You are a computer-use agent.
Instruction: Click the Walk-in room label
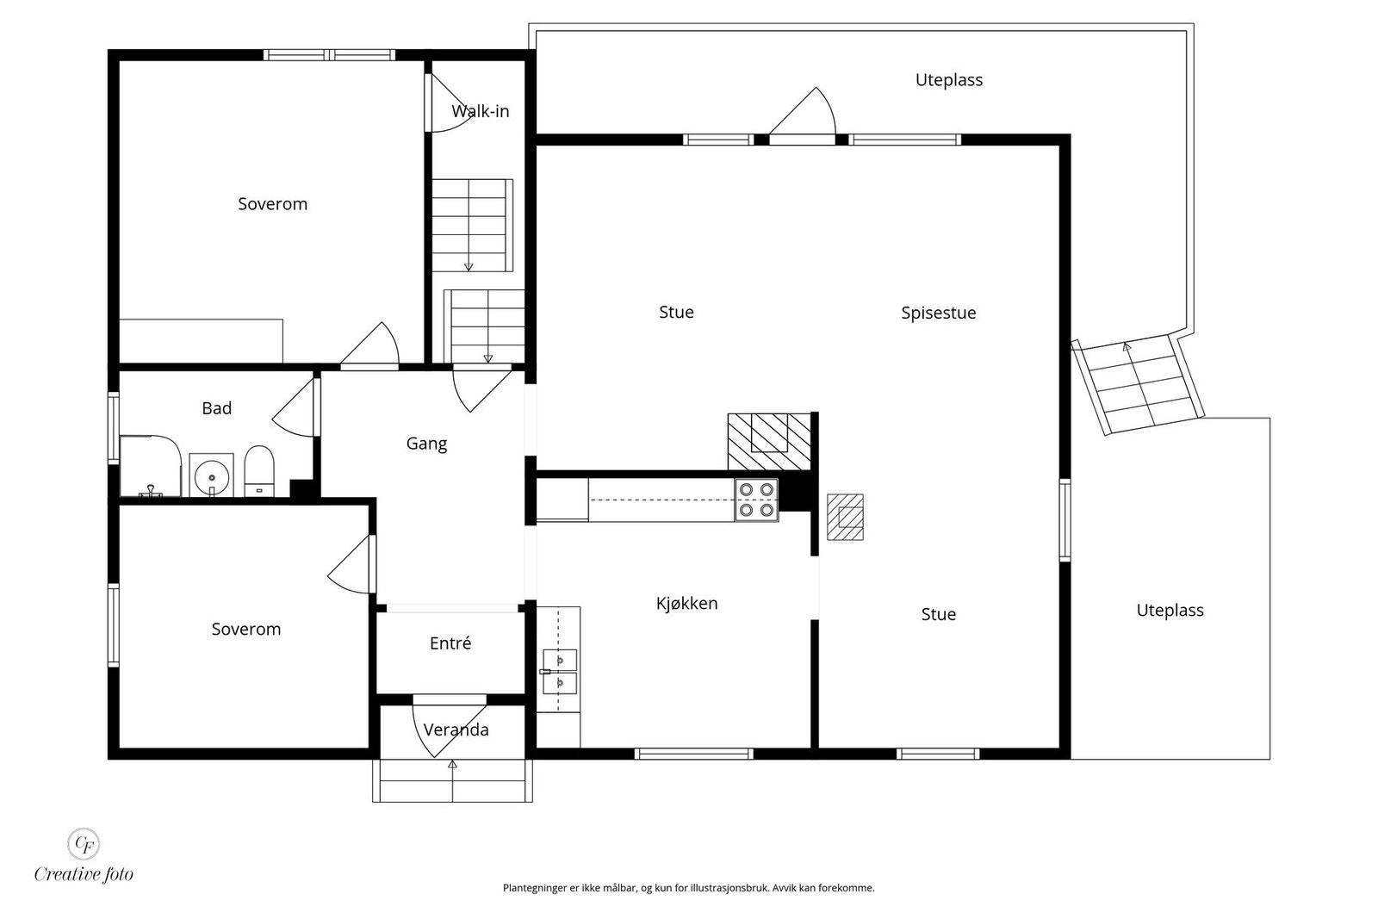point(480,111)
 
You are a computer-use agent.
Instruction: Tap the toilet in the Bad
point(259,470)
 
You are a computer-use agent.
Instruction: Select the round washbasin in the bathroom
point(212,475)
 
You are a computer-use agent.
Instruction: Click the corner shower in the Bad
point(150,466)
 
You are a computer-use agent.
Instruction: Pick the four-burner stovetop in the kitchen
point(757,500)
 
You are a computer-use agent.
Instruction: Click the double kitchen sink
point(559,672)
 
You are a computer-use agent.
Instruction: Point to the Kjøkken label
point(686,604)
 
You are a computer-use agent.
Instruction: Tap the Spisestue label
point(938,314)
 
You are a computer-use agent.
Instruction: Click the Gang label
point(426,444)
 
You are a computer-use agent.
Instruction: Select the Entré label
point(450,643)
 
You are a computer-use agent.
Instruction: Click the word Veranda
point(456,730)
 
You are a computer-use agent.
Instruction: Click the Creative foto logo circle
point(84,843)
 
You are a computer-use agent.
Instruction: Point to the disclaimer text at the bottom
point(688,888)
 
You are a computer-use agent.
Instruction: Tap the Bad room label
point(216,408)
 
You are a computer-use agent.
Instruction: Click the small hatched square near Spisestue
point(845,517)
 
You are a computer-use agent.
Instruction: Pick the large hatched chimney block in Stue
point(769,442)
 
